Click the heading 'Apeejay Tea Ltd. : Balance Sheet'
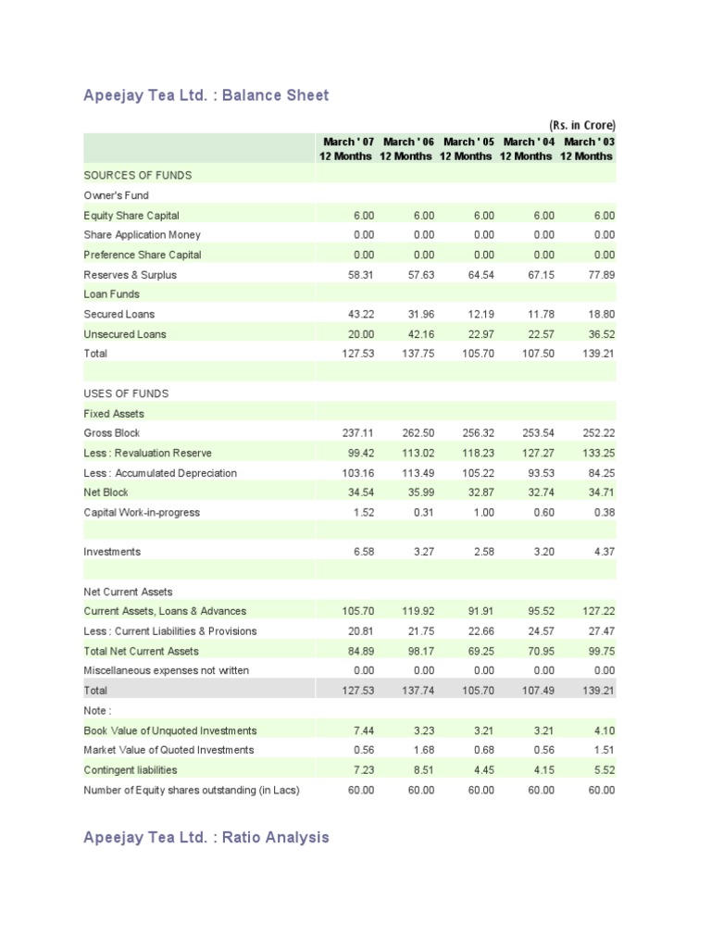click(206, 95)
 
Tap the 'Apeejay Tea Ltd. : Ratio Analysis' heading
click(206, 837)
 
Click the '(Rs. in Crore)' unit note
click(581, 125)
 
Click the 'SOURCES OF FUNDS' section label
click(138, 175)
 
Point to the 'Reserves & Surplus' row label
click(130, 274)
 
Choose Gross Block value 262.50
click(418, 433)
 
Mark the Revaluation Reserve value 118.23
click(479, 453)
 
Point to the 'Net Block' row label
click(106, 493)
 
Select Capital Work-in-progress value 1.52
click(364, 512)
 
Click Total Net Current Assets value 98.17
click(421, 651)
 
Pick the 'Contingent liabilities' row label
click(131, 769)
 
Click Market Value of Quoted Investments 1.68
click(424, 750)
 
